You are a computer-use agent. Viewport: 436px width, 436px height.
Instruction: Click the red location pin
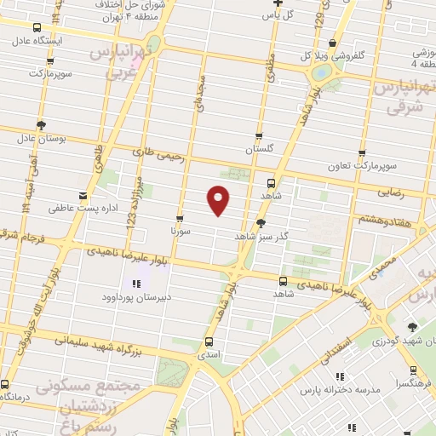219,198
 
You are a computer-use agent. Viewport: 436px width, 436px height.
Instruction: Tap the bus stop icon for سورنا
179,218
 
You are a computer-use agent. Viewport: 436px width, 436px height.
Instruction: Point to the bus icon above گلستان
260,135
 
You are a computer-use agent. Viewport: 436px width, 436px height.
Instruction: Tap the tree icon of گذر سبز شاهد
261,223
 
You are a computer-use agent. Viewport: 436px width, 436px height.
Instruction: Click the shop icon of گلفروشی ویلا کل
333,44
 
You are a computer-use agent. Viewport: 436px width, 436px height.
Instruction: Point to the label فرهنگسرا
411,385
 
